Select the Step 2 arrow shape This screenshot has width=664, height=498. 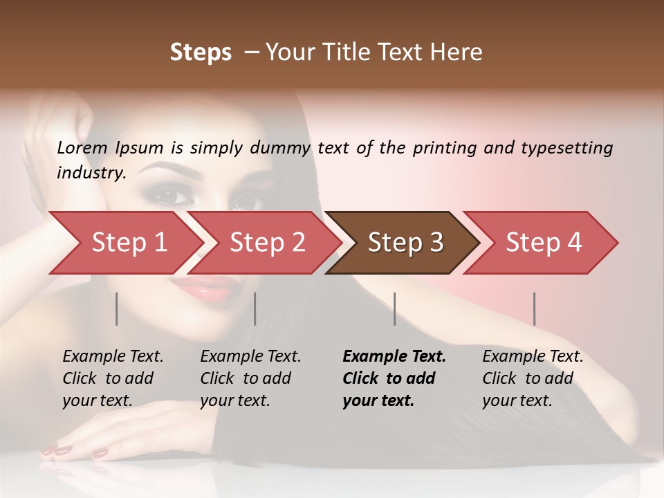[266, 243]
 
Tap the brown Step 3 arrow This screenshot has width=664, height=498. [405, 243]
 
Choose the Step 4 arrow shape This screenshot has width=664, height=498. [543, 243]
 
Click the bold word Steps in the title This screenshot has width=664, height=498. [201, 53]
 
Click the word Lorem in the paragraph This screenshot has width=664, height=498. [81, 148]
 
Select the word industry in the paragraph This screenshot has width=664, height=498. [91, 173]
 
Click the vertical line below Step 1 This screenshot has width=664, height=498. [117, 308]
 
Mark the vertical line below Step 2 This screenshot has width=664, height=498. [255, 308]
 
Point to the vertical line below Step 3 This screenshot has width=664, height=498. [394, 308]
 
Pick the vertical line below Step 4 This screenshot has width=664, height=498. [534, 308]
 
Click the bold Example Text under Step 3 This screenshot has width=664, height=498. [394, 357]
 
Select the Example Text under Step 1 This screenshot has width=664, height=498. [113, 357]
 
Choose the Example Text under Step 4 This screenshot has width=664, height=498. [533, 357]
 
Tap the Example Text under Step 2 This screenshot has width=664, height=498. [250, 357]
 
